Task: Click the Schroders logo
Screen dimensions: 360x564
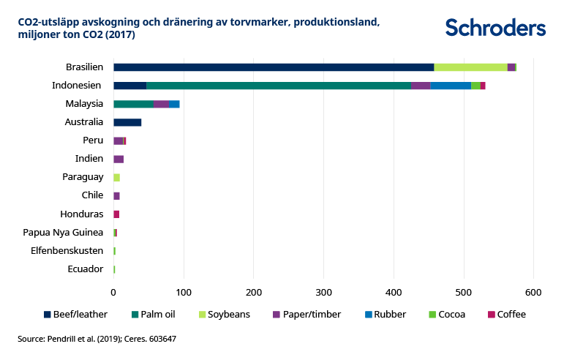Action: click(x=495, y=28)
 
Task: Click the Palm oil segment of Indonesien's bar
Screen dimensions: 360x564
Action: click(x=278, y=86)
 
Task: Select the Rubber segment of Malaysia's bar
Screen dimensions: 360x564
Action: click(x=174, y=104)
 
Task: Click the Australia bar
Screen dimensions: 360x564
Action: click(x=127, y=122)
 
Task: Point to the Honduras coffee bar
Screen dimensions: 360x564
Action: click(x=116, y=214)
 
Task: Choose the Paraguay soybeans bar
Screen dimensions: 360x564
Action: click(x=116, y=178)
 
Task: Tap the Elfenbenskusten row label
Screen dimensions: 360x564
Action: click(x=67, y=251)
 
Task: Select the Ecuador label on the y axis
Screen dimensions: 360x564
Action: click(x=86, y=269)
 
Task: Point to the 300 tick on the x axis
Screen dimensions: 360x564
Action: click(x=323, y=293)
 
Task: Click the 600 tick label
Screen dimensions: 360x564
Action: click(x=533, y=293)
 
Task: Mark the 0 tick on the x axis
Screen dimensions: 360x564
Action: click(x=113, y=293)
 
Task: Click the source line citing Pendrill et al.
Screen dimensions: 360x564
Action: click(x=97, y=340)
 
